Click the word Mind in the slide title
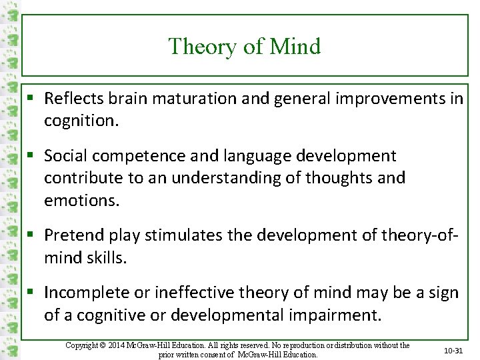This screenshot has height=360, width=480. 295,47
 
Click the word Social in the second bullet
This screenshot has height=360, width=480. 65,156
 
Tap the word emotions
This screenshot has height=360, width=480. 82,201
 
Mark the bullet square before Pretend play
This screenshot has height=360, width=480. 32,235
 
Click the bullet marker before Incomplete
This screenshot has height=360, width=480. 32,293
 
